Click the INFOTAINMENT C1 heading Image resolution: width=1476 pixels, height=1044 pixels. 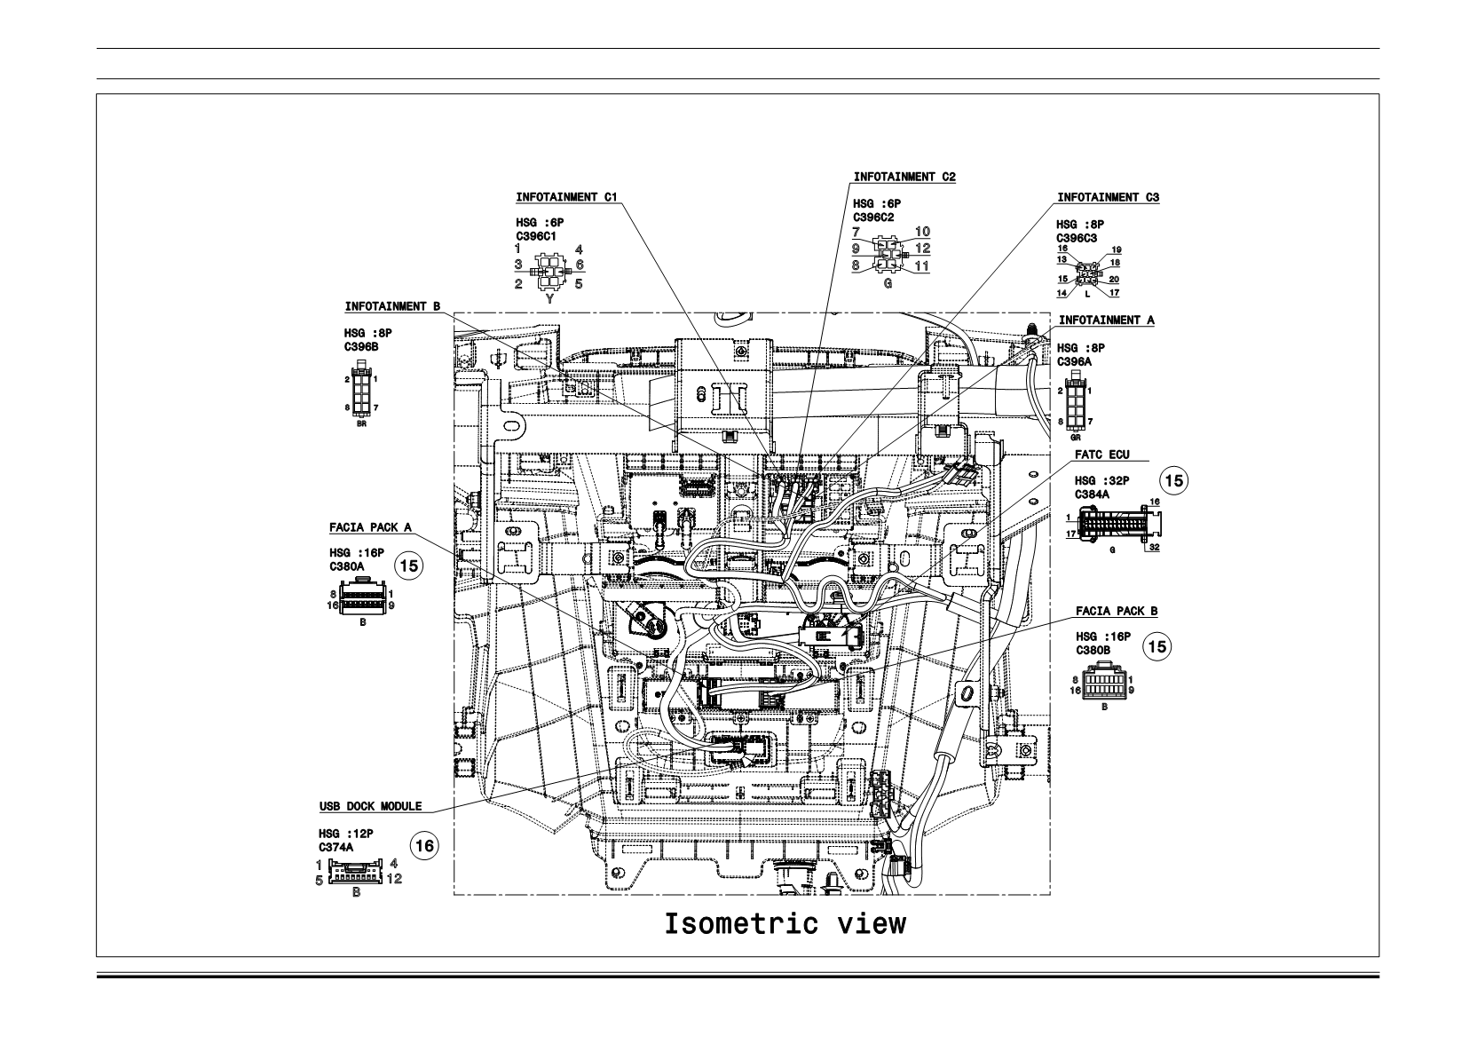tap(566, 197)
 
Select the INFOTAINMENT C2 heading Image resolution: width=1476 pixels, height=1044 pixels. tap(904, 177)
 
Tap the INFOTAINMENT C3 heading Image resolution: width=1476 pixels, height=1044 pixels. tap(1108, 197)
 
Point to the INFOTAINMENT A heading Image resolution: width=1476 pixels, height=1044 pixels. tap(1107, 320)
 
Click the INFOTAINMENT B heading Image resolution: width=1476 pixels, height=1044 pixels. tap(392, 306)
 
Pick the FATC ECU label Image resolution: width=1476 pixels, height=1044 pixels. tap(1101, 455)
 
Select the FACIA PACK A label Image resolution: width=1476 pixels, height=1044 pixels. tap(369, 527)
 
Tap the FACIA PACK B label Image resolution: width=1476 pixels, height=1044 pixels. tap(1117, 611)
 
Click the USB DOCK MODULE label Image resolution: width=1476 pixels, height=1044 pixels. tap(370, 806)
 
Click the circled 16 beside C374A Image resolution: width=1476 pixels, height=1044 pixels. tap(424, 846)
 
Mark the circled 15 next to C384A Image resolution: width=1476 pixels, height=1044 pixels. tap(1173, 480)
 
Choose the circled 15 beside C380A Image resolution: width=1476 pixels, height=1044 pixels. tap(408, 566)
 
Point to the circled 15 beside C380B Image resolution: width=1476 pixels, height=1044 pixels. tap(1157, 646)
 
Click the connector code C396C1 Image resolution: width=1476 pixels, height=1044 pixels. tap(536, 236)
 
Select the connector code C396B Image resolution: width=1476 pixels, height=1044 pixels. tap(361, 347)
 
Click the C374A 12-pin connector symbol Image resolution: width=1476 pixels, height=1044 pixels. tap(356, 872)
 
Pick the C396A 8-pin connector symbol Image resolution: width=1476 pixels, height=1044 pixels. tap(1076, 402)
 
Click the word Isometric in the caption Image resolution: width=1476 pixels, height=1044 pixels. tap(740, 924)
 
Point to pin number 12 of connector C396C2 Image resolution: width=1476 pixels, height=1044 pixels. tap(922, 249)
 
